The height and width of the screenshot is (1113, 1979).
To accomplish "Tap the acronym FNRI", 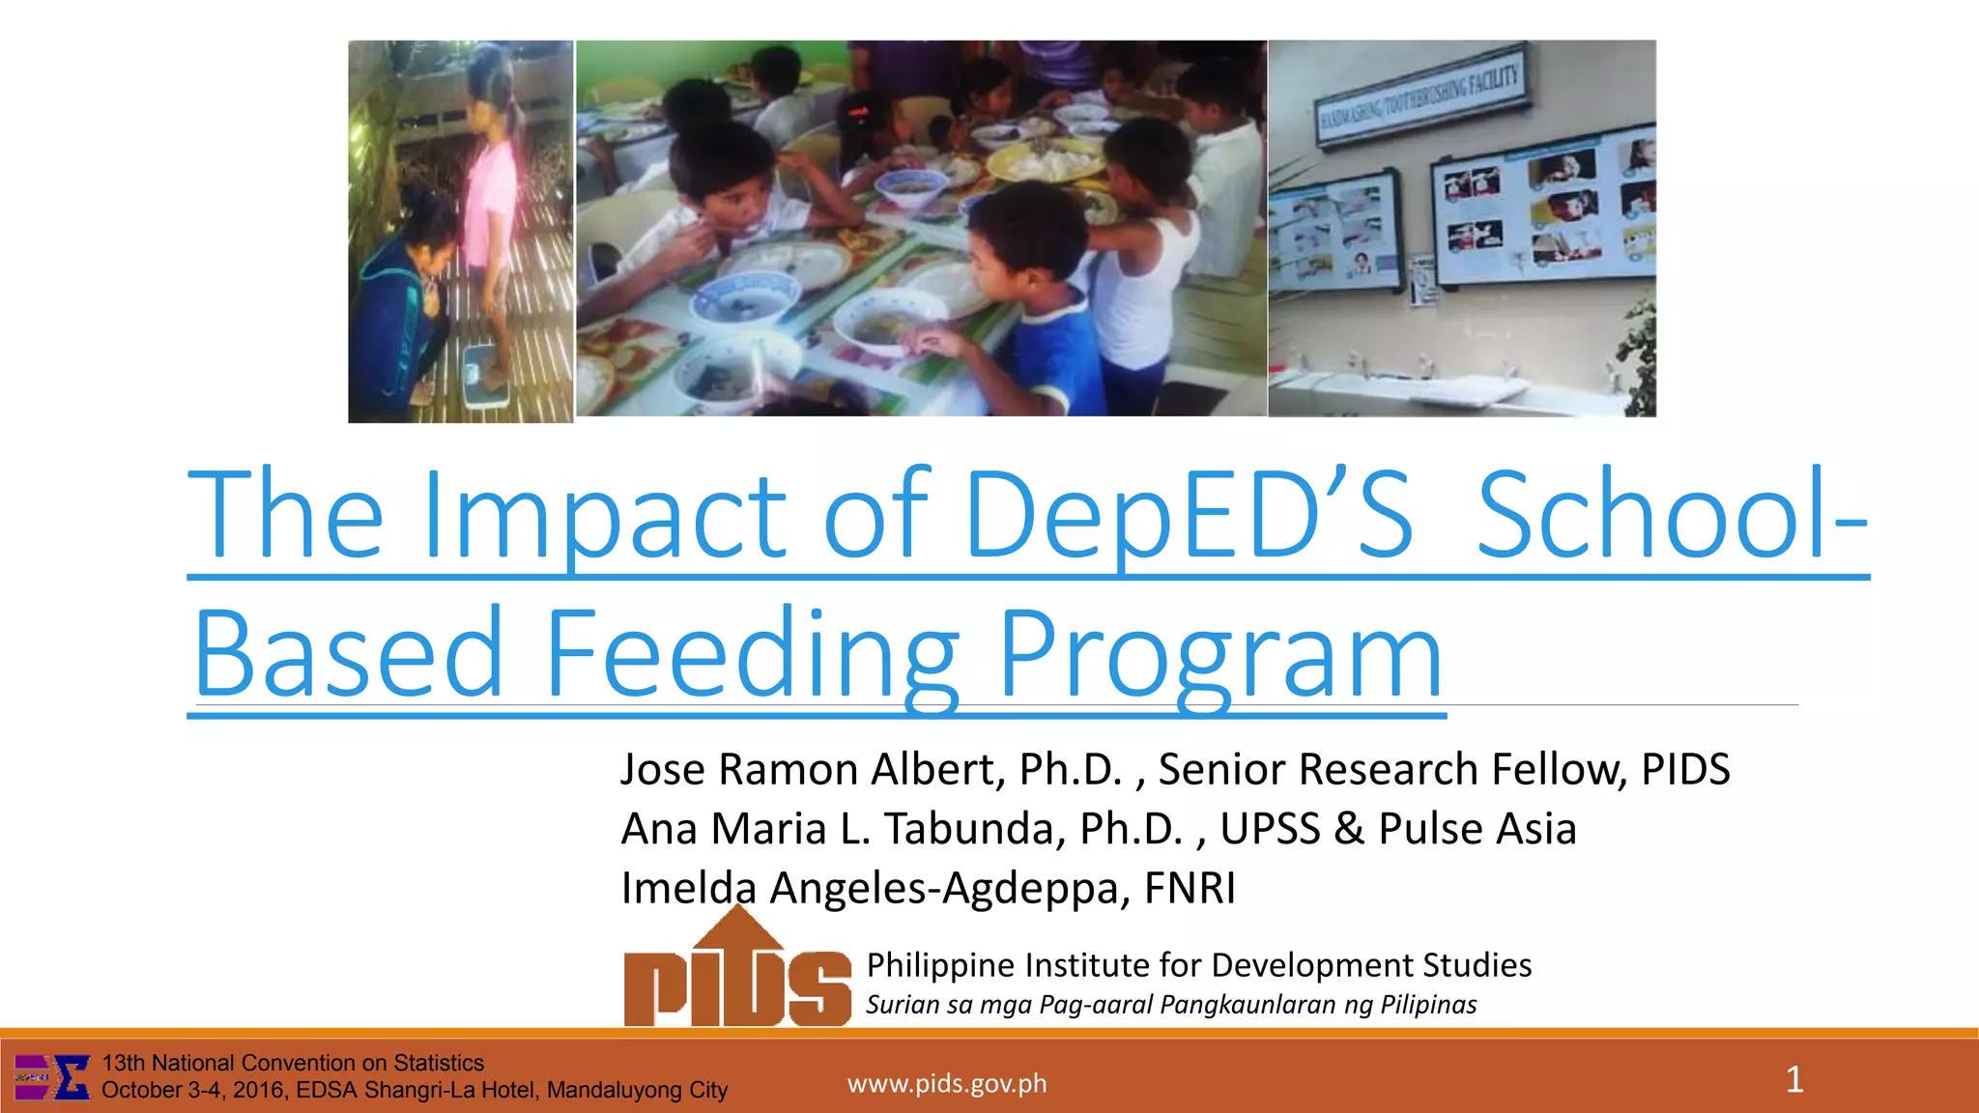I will point(1190,888).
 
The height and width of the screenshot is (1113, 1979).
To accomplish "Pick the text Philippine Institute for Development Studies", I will point(1198,965).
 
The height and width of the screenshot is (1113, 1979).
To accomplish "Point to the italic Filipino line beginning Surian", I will point(1171,1005).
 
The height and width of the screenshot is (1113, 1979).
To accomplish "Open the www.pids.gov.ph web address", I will point(947,1084).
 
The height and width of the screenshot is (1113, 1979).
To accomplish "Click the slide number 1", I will point(1794,1079).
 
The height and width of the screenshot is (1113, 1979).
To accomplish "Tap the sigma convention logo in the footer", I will point(53,1077).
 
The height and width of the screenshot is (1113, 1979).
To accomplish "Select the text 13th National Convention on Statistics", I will point(293,1063).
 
